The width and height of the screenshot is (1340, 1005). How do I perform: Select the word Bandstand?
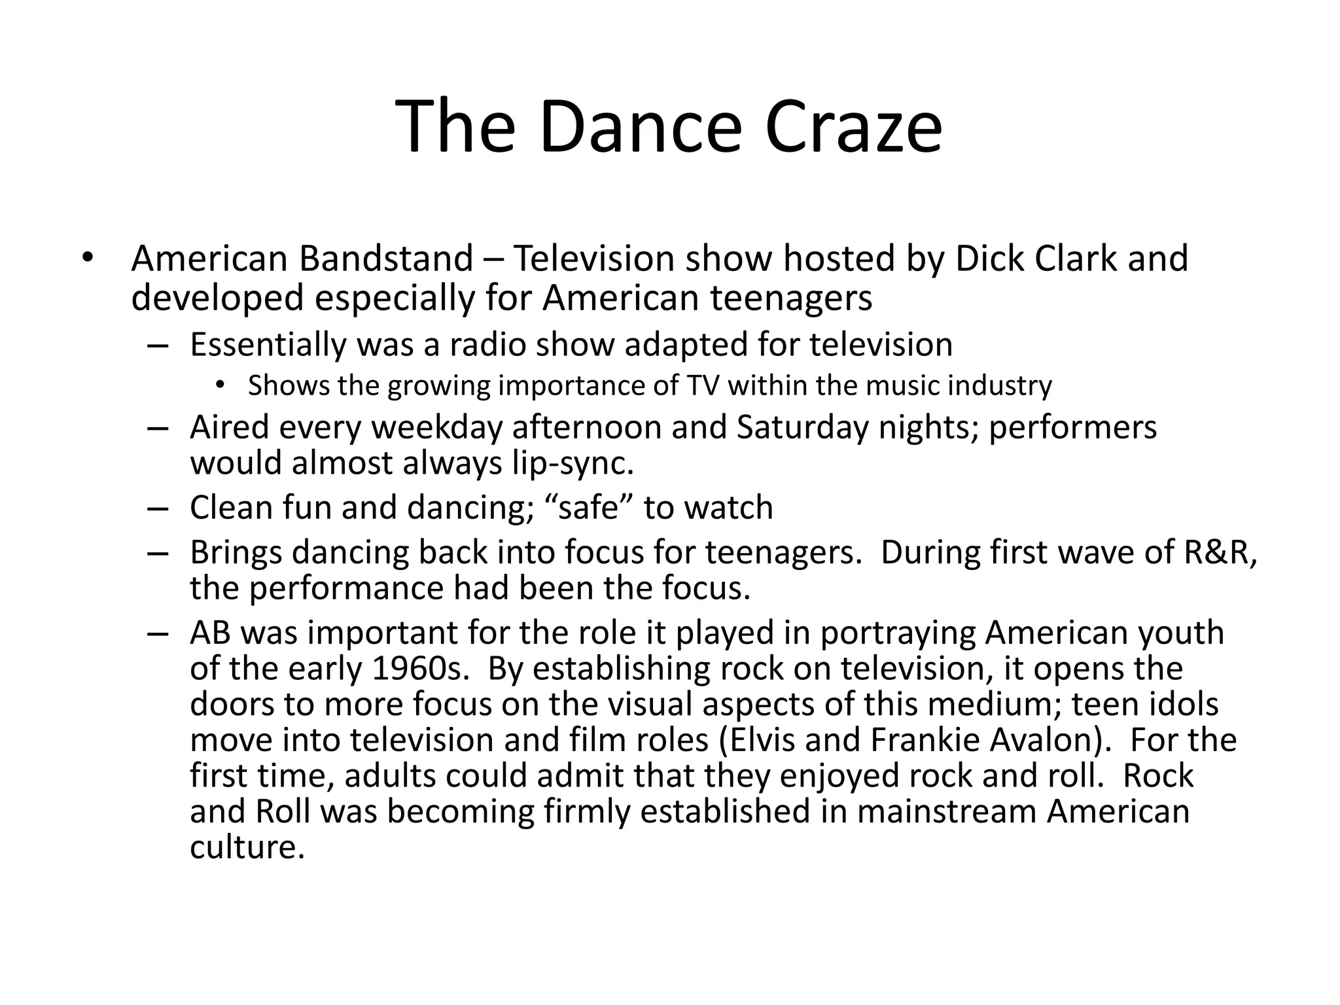pos(386,258)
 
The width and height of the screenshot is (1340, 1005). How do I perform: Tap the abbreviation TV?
pos(703,386)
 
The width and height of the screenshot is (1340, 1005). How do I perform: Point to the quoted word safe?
pos(588,508)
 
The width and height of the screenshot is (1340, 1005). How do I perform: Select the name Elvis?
pos(760,740)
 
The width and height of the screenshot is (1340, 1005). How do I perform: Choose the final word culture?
pos(247,847)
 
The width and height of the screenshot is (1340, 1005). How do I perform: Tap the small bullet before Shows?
pos(220,386)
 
